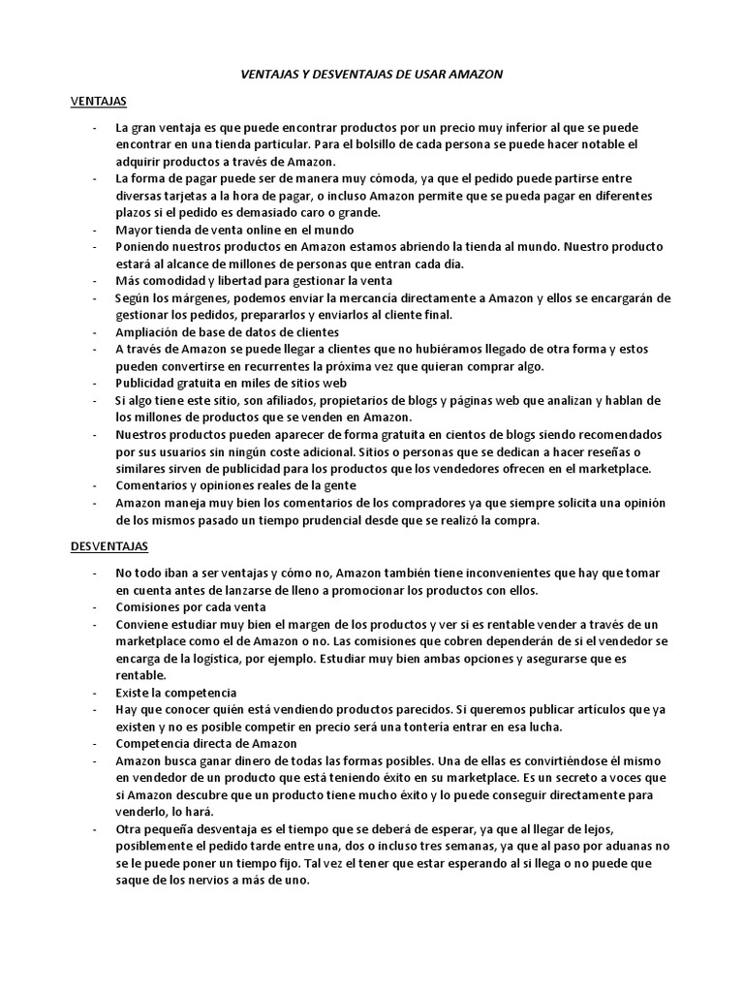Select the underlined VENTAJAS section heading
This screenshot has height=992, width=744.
101,102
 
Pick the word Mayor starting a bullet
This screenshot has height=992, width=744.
136,230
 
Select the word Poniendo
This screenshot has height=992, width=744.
145,247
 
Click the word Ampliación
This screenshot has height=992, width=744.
150,331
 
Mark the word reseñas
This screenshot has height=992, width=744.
606,451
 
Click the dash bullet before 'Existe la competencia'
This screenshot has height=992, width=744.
93,693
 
